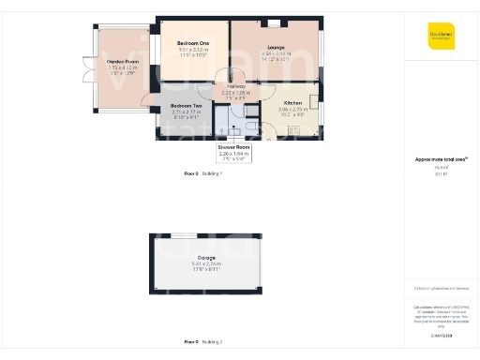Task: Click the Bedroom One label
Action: tap(193, 43)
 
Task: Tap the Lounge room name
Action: tap(275, 47)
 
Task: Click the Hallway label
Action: tap(236, 86)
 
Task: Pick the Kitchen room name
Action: tap(292, 103)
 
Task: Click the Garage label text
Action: tap(206, 257)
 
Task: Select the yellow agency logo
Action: tap(441, 36)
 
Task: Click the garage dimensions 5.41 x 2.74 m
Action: tap(206, 263)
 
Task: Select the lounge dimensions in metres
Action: tap(275, 53)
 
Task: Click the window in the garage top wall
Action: tap(189, 234)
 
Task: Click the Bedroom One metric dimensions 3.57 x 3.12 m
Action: tap(193, 50)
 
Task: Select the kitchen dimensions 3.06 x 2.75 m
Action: tap(292, 110)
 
